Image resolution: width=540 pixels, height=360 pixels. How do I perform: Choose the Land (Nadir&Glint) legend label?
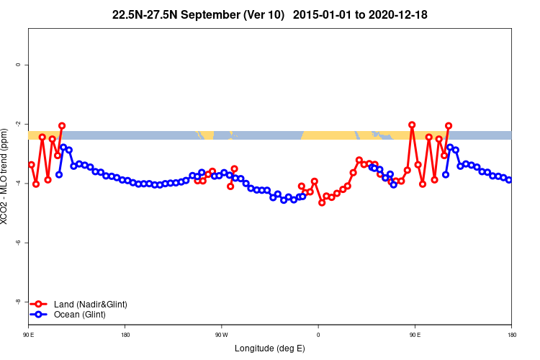click(91, 305)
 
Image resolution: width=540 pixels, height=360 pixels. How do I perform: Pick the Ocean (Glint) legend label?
click(80, 315)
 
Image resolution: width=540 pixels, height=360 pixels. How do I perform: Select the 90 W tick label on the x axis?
click(221, 334)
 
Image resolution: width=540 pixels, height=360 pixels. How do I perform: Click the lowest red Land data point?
click(322, 202)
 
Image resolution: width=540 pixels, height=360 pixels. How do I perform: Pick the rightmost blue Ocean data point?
click(509, 180)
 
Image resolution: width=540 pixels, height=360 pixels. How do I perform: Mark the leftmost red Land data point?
click(31, 165)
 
